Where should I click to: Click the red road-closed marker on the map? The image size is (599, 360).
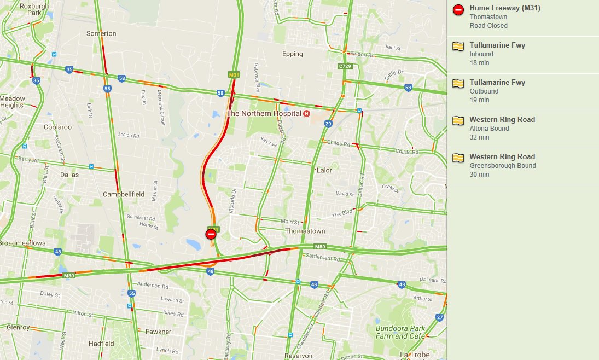[211, 234]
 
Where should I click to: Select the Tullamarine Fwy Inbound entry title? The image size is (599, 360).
[497, 45]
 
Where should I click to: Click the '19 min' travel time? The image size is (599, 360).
[479, 100]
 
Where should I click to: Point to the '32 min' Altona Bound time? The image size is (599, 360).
[479, 137]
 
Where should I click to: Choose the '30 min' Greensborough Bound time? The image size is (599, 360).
[479, 175]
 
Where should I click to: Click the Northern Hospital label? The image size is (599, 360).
[264, 113]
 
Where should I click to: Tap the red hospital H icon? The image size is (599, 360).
[306, 113]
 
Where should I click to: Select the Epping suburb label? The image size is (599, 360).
[292, 54]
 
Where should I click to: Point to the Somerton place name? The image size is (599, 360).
[101, 33]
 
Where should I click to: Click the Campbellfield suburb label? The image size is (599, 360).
[124, 194]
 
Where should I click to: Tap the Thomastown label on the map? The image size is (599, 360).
[305, 231]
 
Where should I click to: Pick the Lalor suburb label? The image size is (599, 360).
[324, 170]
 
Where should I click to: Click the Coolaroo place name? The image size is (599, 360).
[57, 127]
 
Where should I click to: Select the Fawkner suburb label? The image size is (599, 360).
[158, 332]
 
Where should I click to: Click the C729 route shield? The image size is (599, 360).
[345, 66]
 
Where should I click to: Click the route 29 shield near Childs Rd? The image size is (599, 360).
[328, 124]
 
